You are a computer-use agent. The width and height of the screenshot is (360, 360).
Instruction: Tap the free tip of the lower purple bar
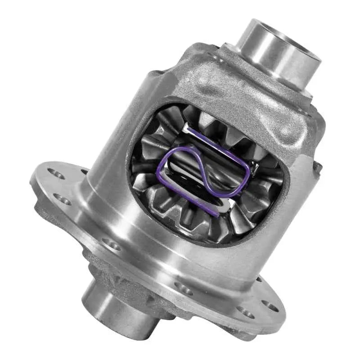[216, 215]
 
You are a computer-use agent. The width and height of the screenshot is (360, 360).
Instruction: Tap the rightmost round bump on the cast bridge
[286, 130]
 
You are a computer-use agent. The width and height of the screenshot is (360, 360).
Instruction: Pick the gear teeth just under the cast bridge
[216, 121]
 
